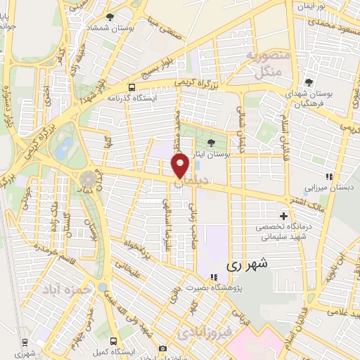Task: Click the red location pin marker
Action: (x=180, y=166)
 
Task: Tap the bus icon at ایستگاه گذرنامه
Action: (x=131, y=88)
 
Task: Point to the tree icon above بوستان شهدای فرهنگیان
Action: (x=309, y=82)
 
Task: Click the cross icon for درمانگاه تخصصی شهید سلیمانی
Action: (x=283, y=215)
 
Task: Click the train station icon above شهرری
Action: (x=25, y=342)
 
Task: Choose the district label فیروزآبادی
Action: (x=201, y=330)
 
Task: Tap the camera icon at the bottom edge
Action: (x=163, y=348)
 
